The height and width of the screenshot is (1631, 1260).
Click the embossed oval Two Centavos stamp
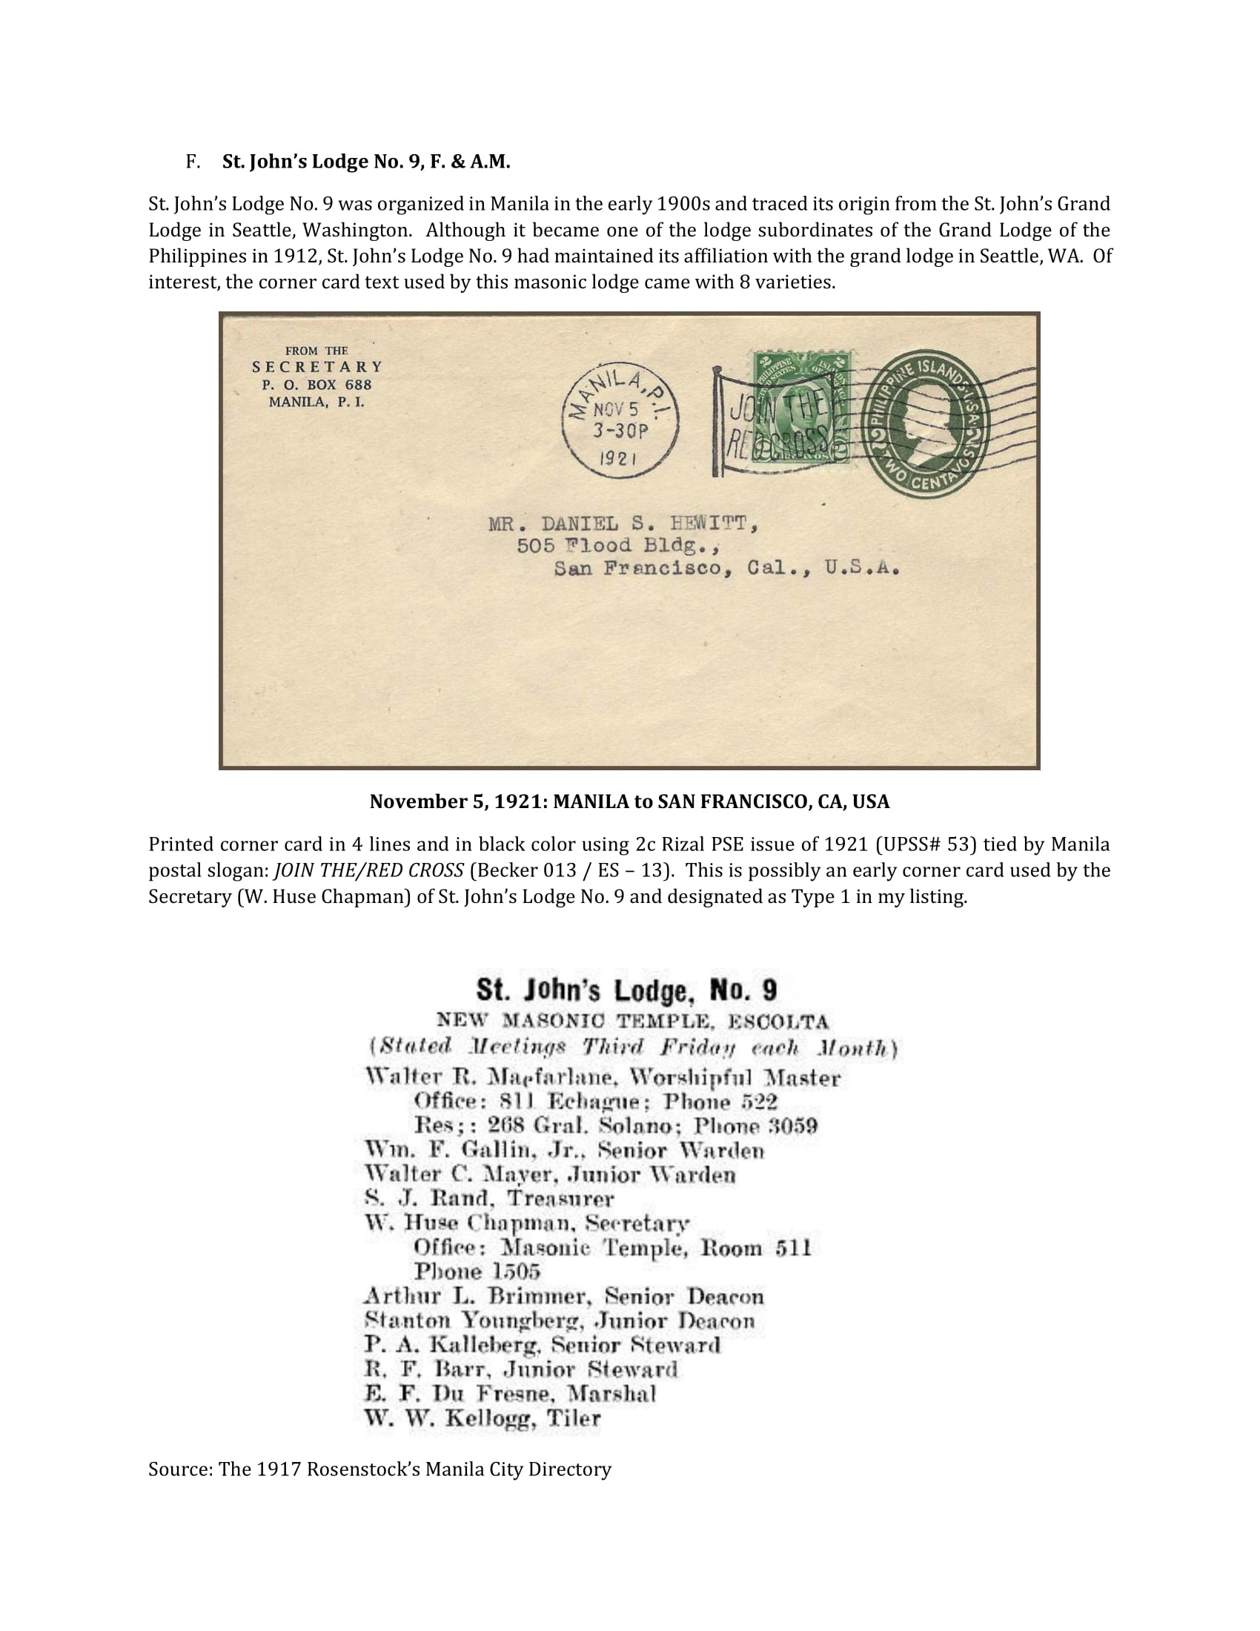[926, 423]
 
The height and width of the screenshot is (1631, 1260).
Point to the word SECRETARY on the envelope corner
[317, 368]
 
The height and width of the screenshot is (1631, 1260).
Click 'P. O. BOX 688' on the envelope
[316, 386]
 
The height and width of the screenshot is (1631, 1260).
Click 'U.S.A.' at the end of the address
[862, 569]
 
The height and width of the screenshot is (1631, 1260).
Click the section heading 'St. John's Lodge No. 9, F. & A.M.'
[365, 162]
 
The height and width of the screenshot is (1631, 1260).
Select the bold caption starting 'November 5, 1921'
[629, 802]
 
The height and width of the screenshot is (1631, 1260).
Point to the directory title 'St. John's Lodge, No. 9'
[627, 990]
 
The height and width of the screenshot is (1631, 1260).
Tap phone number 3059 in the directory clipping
[793, 1126]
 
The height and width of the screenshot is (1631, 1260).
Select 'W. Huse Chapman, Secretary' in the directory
[527, 1223]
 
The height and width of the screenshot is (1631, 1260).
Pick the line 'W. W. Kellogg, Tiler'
[483, 1418]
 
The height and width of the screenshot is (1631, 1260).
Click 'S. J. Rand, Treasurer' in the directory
[489, 1199]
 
